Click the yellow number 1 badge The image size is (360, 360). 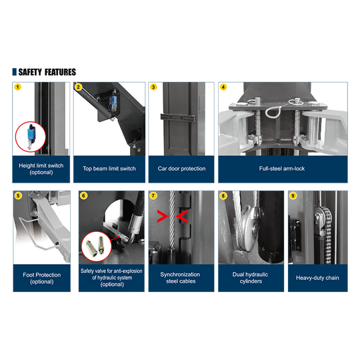pyautogui.click(x=18, y=87)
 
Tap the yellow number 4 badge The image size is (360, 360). pyautogui.click(x=223, y=87)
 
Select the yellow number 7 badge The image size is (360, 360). pyautogui.click(x=153, y=195)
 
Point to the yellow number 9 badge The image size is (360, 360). pyautogui.click(x=293, y=195)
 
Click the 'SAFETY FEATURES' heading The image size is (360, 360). pyautogui.click(x=47, y=72)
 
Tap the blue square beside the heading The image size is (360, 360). pyautogui.click(x=14, y=72)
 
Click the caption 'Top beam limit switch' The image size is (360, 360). pyautogui.click(x=109, y=169)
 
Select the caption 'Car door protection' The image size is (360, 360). pyautogui.click(x=181, y=169)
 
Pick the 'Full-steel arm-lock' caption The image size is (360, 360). pyautogui.click(x=282, y=169)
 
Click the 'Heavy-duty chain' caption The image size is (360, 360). pyautogui.click(x=317, y=278)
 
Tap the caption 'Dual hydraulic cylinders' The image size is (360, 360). pyautogui.click(x=251, y=278)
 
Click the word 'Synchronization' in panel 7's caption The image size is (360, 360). pyautogui.click(x=180, y=275)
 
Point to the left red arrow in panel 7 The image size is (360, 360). pyautogui.click(x=162, y=216)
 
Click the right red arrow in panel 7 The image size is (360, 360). pyautogui.click(x=181, y=216)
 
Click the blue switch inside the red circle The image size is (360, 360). pyautogui.click(x=30, y=134)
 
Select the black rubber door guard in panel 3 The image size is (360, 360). pyautogui.click(x=178, y=117)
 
